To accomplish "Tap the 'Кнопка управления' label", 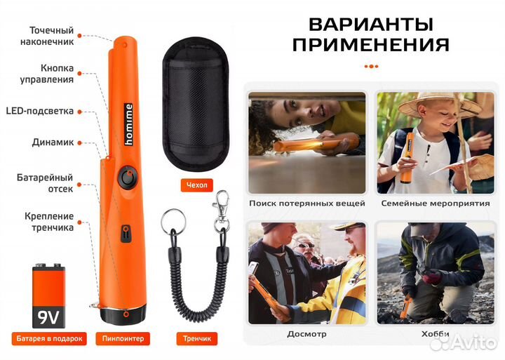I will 48,74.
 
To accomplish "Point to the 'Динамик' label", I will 53,142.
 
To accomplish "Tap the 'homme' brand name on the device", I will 128,117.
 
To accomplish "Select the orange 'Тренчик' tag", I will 196,338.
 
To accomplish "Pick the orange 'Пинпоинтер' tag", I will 127,338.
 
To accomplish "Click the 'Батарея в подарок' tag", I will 49,338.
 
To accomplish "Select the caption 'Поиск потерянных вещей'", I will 307,204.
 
